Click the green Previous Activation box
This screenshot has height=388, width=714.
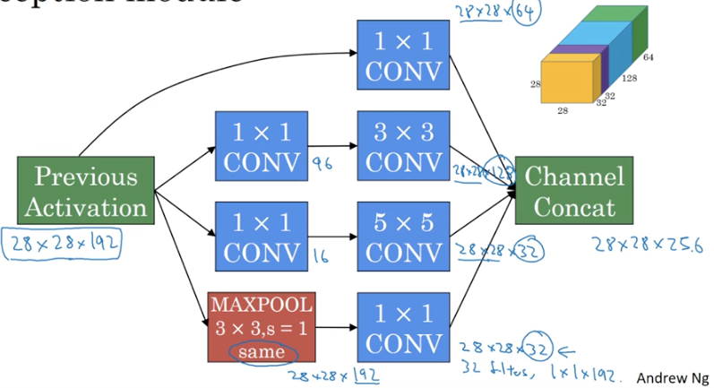click(x=85, y=191)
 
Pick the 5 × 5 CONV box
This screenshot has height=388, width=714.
click(x=402, y=235)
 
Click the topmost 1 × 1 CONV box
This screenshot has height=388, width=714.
click(x=402, y=54)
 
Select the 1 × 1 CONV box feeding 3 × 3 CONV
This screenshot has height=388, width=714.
click(x=261, y=145)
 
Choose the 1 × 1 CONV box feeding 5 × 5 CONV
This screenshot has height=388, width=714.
click(x=261, y=235)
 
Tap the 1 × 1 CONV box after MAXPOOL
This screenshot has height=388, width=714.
click(x=402, y=324)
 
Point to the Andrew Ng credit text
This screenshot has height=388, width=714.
click(x=672, y=377)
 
